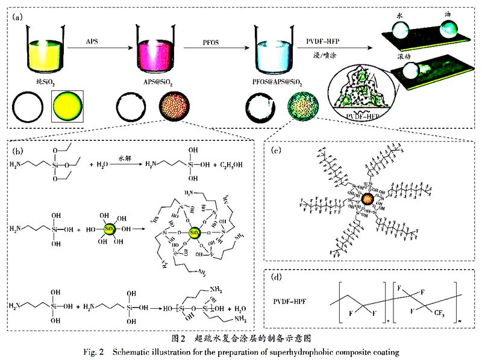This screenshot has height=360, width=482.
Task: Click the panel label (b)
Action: tap(17, 147)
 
